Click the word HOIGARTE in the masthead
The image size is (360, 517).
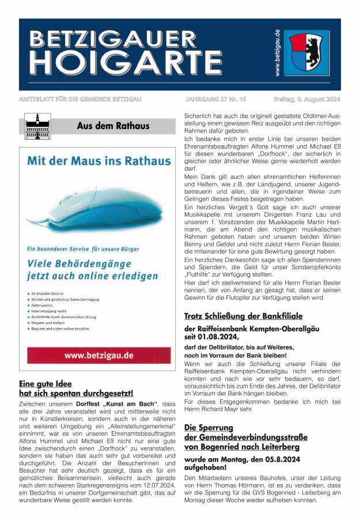click(124, 60)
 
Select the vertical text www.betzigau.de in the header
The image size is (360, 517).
click(277, 52)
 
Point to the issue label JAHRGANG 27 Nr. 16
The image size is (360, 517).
click(215, 100)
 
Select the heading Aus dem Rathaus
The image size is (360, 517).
click(113, 126)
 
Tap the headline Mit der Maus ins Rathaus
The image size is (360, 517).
click(96, 165)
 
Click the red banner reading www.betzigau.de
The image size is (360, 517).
click(99, 355)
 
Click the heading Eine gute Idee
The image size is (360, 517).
click(46, 383)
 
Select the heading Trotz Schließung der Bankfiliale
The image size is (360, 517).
click(243, 316)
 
